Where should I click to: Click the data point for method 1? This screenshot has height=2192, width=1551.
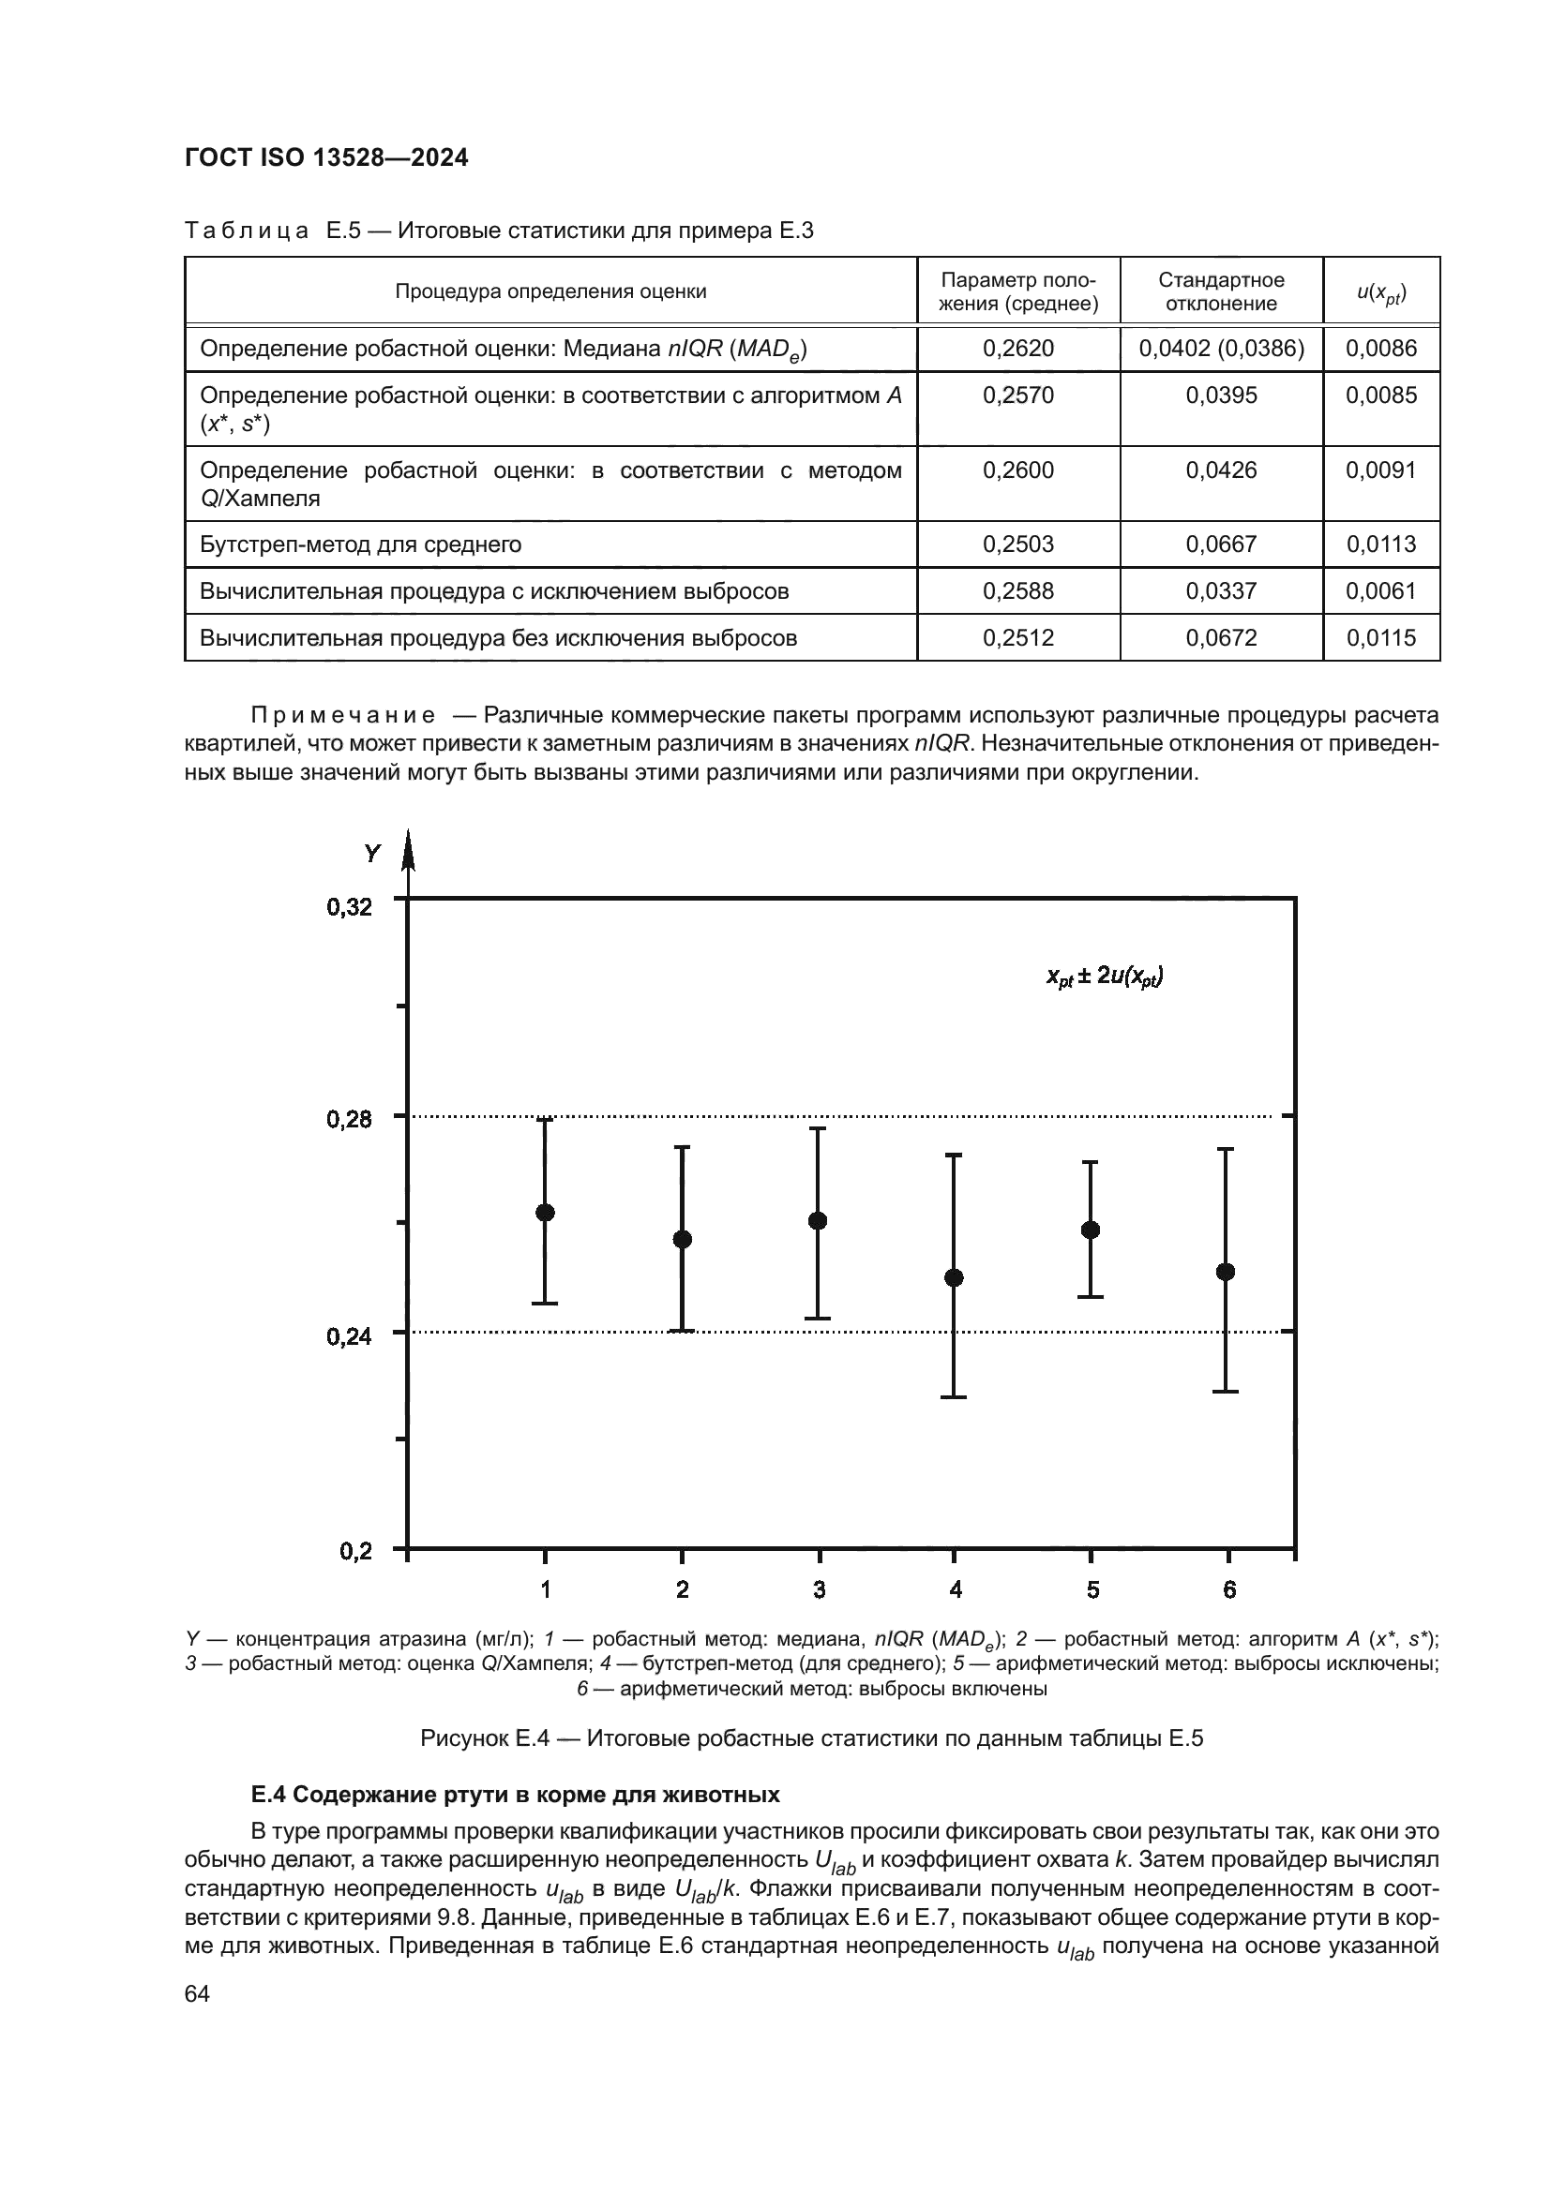coord(546,1213)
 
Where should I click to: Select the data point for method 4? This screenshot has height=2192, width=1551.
coord(954,1277)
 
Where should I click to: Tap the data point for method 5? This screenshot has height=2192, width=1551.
coord(1091,1230)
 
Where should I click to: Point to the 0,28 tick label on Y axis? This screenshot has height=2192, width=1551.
coord(350,1119)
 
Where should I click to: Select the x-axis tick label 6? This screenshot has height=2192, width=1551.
coord(1229,1589)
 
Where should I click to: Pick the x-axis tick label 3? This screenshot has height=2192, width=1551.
coord(819,1589)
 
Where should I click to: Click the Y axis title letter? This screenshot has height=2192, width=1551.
coord(371,854)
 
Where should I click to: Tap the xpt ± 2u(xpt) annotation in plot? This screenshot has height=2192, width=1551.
coord(1104,976)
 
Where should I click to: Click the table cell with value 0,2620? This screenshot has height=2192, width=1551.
coord(1018,349)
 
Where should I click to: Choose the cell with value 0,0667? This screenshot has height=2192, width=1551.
coord(1221,544)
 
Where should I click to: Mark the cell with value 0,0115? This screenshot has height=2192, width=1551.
coord(1381,638)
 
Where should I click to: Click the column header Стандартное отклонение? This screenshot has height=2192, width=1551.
coord(1221,291)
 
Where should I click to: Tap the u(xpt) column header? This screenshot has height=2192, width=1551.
coord(1381,292)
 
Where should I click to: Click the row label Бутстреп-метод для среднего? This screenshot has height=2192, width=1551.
coord(361,544)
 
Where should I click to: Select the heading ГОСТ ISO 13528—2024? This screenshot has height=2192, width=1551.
coord(326,158)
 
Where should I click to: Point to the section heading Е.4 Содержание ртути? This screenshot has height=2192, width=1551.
coord(515,1795)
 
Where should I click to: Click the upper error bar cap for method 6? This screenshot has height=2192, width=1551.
coord(1227,1150)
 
